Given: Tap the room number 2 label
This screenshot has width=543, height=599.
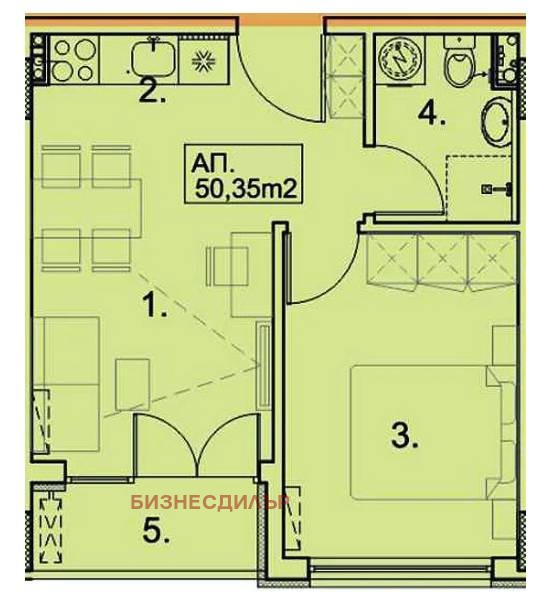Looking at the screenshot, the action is pos(152,92).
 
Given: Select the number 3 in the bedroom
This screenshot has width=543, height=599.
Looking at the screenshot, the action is pos(404,435).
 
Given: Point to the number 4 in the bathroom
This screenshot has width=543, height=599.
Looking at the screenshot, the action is pos(431,114).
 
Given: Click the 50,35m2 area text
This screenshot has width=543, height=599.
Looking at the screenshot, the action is pos(246,189).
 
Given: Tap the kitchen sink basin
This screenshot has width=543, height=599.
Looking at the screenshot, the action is pos(154,58).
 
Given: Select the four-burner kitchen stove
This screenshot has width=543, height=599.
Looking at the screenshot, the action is pos(74,60).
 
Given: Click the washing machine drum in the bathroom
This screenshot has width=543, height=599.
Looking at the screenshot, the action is pos(399,59).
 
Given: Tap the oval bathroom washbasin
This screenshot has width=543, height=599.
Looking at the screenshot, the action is pos(496,121).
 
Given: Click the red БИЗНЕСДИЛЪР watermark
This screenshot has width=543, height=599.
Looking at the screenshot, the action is pos(209,502).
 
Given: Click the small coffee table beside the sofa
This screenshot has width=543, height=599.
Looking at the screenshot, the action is pos(132,384).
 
